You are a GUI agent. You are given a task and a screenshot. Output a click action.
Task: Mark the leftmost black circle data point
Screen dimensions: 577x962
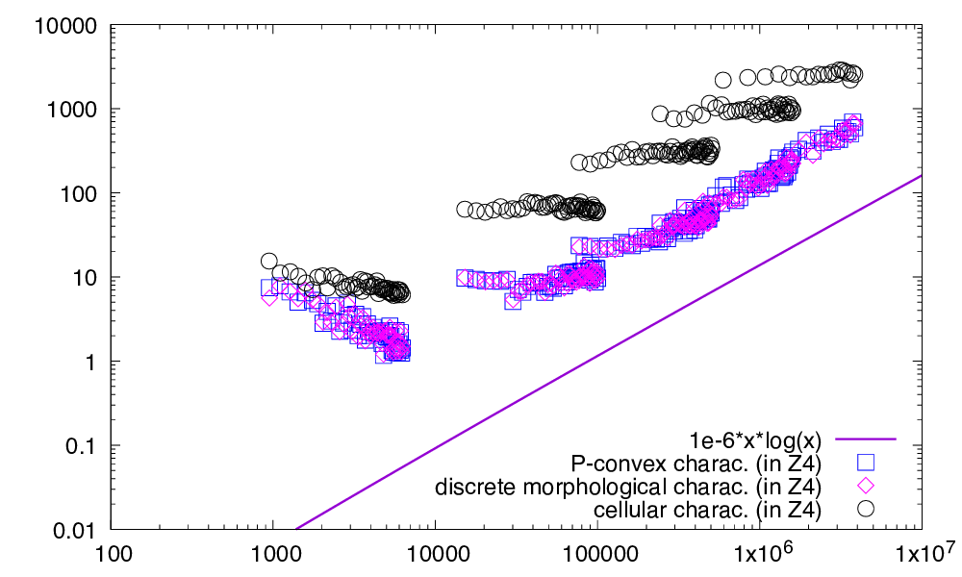(269, 261)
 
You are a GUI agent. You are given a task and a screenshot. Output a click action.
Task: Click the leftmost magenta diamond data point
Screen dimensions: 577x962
(269, 297)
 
